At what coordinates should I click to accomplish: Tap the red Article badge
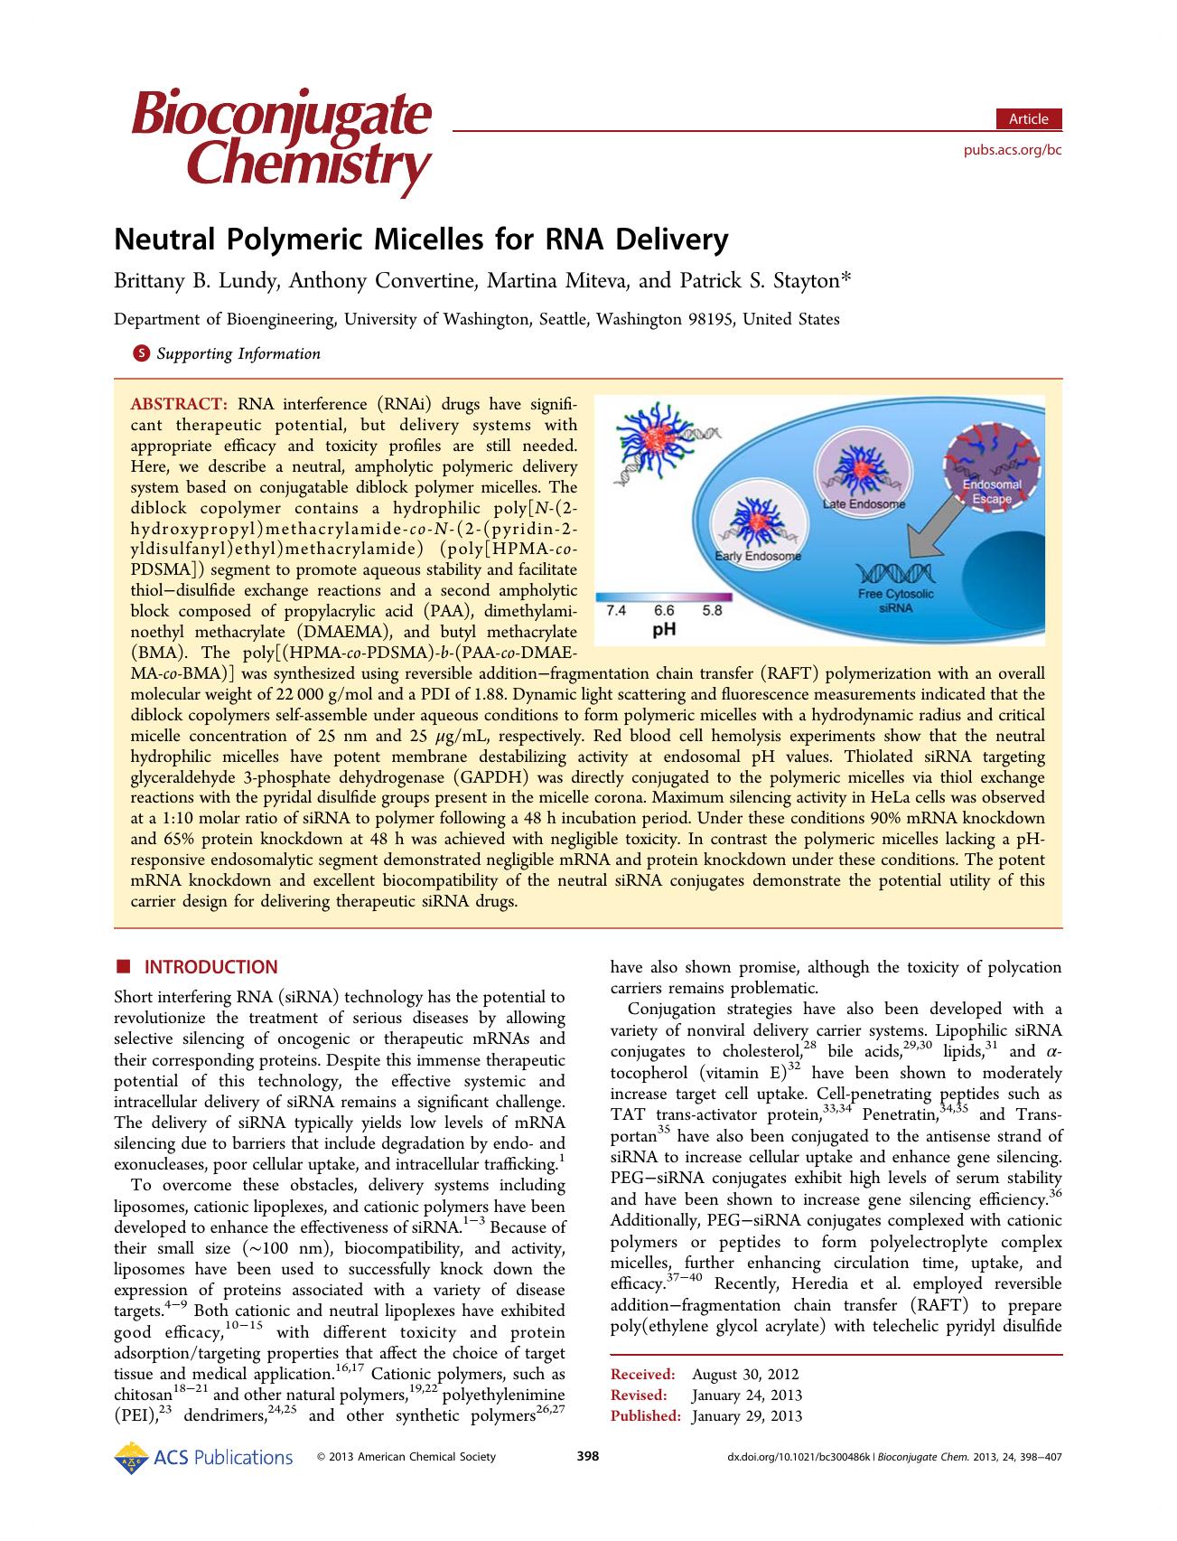tap(1028, 119)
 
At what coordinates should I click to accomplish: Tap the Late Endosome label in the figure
tap(864, 503)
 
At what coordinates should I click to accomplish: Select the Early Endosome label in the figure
tap(757, 556)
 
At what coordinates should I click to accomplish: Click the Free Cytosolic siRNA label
tap(896, 601)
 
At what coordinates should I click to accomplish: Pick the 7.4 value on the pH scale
tap(615, 611)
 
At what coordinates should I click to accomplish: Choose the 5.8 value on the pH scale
tap(712, 611)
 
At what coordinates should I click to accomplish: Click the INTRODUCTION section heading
tap(211, 967)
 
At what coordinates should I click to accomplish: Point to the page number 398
tap(588, 1457)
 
